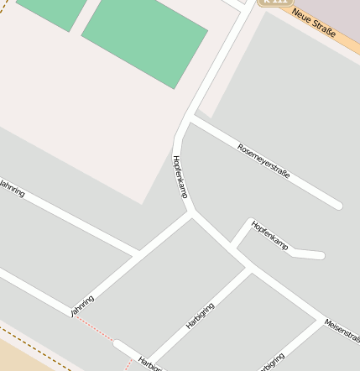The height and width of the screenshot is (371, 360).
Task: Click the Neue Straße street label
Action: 314,23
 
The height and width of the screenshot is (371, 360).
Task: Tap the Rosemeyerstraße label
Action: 263,160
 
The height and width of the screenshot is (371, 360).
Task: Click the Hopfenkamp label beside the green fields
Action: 179,176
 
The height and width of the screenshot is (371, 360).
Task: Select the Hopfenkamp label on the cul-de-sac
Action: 269,235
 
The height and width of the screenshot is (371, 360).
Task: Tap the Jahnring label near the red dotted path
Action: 82,306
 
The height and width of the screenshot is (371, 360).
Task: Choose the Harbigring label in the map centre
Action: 201,315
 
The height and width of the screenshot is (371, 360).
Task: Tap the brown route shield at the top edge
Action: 272,3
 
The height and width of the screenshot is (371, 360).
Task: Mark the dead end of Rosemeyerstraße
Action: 337,205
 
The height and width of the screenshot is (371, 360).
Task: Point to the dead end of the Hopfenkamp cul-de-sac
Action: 320,255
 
